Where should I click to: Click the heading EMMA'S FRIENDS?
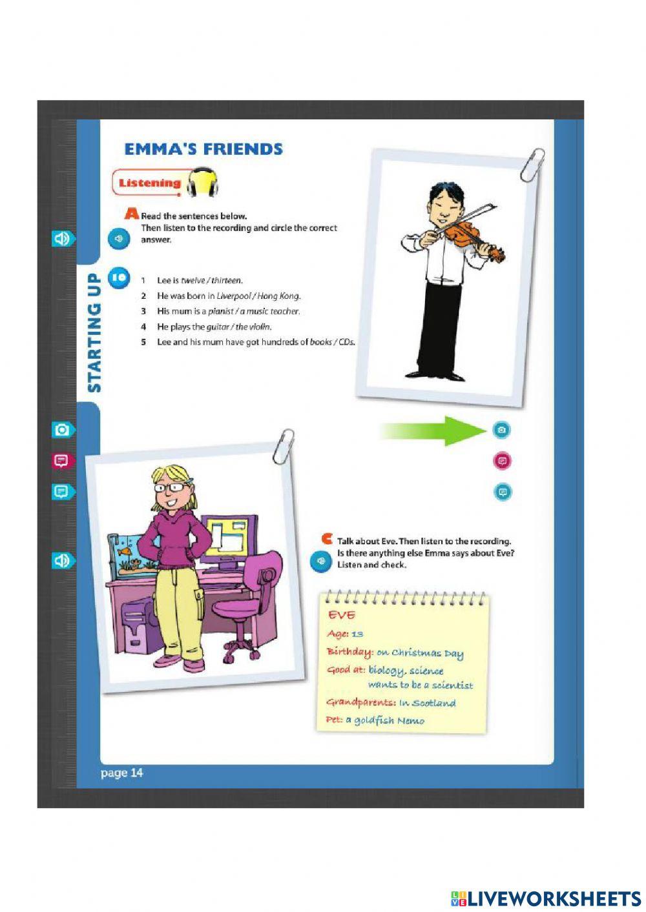click(203, 149)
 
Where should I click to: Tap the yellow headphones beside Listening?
click(203, 183)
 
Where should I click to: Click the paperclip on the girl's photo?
click(283, 446)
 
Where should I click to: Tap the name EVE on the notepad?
click(342, 615)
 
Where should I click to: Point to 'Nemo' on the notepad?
click(411, 721)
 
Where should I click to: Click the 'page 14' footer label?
click(122, 773)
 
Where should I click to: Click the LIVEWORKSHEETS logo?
click(545, 898)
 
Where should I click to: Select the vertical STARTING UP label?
click(94, 333)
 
